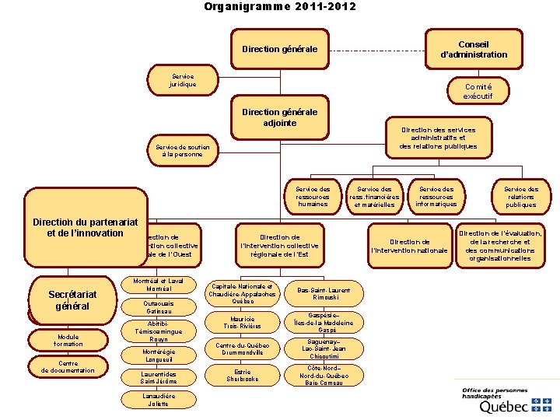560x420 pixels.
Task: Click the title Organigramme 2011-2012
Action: click(280, 7)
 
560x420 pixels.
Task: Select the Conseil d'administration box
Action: click(474, 49)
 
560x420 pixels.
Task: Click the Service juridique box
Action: click(183, 79)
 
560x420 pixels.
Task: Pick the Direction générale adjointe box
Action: click(280, 117)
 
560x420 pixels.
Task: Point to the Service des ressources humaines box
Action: click(313, 196)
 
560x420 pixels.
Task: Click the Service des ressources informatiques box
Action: click(437, 196)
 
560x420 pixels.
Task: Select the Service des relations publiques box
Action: click(520, 196)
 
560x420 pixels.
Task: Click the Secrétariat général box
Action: click(72, 300)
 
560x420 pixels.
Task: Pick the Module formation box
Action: click(68, 339)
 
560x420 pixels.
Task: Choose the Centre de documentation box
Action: click(68, 366)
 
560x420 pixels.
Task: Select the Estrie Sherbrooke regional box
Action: click(243, 375)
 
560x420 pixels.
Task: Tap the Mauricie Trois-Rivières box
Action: click(243, 322)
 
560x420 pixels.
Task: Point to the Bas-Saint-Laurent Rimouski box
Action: click(324, 293)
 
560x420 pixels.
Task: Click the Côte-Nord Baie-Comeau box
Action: click(324, 375)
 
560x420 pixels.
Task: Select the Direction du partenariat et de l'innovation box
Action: click(86, 228)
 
